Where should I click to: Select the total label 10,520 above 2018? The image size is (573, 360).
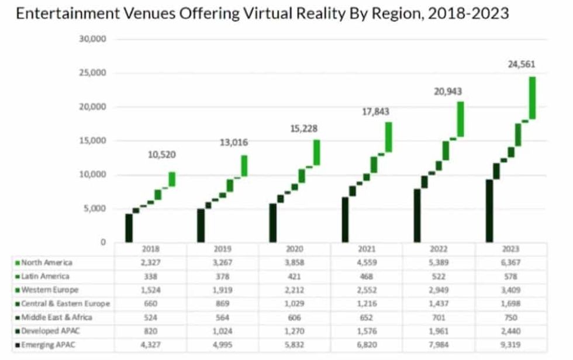[161, 155]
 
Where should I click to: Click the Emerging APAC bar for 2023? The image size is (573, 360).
[489, 210]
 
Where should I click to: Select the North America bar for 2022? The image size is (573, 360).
[461, 119]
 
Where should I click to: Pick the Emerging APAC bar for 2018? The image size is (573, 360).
[129, 228]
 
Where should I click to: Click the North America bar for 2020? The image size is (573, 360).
[316, 152]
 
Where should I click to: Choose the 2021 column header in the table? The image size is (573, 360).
[367, 249]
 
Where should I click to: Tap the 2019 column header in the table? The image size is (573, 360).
[223, 249]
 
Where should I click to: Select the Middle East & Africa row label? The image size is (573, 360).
[57, 317]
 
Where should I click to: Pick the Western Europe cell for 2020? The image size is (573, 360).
[295, 290]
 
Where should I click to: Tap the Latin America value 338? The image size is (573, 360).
[150, 276]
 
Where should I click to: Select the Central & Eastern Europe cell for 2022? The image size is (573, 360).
[439, 304]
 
